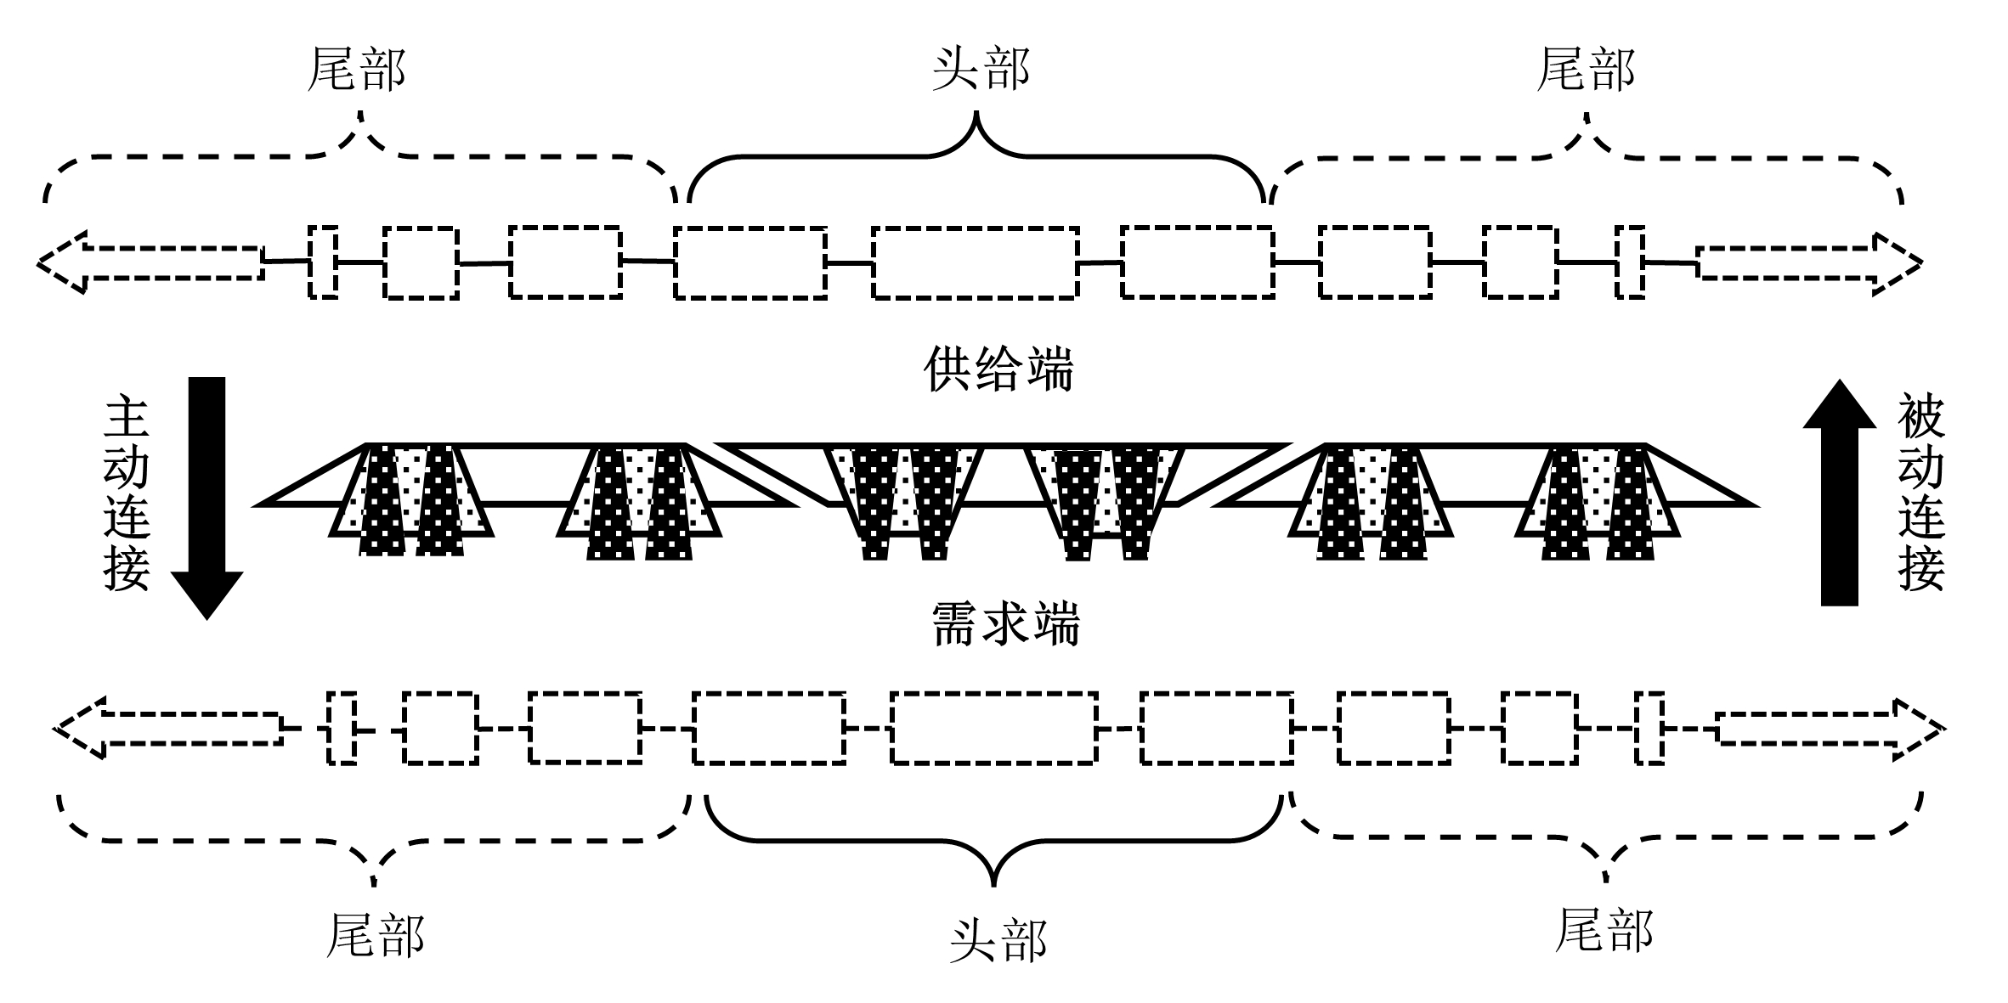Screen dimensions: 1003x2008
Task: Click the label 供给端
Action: click(x=998, y=369)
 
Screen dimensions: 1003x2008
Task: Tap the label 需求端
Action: click(x=1005, y=625)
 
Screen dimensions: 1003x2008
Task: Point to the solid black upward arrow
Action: click(x=1840, y=493)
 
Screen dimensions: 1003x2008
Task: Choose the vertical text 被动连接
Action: click(x=1921, y=493)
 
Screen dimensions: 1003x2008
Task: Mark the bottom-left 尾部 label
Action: click(x=375, y=935)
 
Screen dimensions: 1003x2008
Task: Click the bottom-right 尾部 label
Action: click(x=1604, y=930)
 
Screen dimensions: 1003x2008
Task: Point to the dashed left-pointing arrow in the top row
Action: click(x=149, y=262)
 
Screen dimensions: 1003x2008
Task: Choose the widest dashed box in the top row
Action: click(x=976, y=263)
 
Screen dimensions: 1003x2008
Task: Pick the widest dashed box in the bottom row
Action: click(x=994, y=729)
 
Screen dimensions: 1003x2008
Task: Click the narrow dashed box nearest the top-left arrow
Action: click(x=323, y=262)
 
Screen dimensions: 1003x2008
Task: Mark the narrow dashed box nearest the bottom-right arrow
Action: click(x=1649, y=729)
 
